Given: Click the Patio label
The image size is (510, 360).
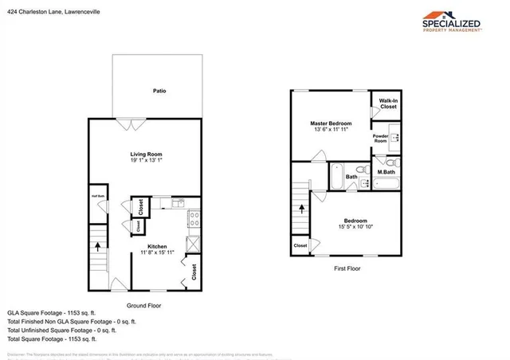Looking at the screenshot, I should click(x=159, y=91).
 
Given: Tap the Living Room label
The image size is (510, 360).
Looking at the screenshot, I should click(x=147, y=154).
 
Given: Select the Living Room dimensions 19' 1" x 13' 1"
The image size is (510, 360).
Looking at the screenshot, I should click(x=147, y=160).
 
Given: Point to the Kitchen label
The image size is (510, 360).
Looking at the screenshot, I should click(x=157, y=247).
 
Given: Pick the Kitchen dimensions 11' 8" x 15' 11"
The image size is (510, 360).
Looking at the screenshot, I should click(x=157, y=253).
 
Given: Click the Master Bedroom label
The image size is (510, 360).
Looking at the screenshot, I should click(x=331, y=123).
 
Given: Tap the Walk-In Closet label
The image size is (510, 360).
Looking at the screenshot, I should click(x=388, y=103).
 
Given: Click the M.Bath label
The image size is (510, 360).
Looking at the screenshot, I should click(x=386, y=172).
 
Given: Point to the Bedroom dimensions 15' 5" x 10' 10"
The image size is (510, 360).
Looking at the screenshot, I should click(x=355, y=227).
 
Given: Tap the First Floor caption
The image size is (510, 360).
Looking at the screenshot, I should click(x=346, y=269).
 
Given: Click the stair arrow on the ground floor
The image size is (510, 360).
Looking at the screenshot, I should click(x=97, y=246).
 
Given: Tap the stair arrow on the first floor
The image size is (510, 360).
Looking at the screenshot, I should click(x=302, y=211).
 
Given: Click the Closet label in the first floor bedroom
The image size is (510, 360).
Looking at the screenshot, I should click(x=300, y=245).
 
